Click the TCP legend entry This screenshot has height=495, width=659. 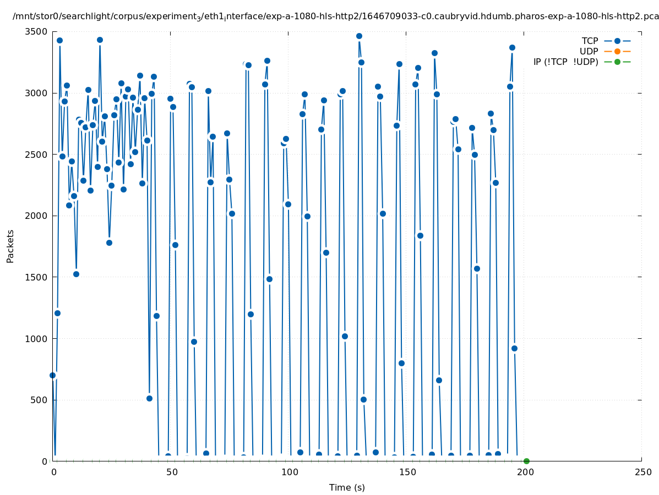(606, 41)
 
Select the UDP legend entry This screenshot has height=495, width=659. (606, 51)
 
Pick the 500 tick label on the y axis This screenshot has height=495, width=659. (39, 400)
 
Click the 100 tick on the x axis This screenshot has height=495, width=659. (288, 472)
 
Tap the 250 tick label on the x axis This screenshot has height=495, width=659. (642, 472)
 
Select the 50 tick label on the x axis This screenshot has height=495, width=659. (171, 472)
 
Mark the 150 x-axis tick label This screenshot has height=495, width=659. (406, 472)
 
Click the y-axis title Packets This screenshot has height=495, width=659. (10, 246)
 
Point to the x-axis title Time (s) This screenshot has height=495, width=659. (347, 487)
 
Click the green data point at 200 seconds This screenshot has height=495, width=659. (526, 461)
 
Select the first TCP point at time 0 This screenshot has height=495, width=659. (53, 375)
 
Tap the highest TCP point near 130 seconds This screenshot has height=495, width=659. (359, 36)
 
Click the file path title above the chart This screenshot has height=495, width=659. (336, 16)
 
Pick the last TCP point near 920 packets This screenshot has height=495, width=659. (514, 348)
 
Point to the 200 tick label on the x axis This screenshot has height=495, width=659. (524, 472)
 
